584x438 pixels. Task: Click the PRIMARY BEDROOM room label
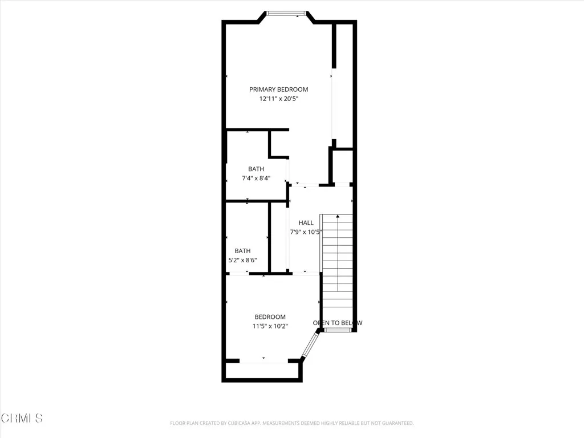[279, 90]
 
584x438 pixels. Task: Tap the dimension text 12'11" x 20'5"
[279, 99]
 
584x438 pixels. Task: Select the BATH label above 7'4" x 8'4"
[256, 169]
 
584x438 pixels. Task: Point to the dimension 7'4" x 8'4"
[256, 178]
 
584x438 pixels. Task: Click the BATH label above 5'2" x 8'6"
[242, 251]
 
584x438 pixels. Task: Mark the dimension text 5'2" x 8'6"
[242, 260]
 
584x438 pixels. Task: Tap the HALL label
[306, 223]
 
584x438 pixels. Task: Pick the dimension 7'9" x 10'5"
[306, 232]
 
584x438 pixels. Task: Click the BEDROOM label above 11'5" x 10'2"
[270, 317]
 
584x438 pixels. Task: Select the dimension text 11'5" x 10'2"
[270, 326]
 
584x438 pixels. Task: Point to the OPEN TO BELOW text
[338, 323]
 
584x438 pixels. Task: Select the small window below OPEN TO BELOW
[338, 330]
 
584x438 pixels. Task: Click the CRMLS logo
[22, 418]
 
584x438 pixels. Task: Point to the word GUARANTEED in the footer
[394, 423]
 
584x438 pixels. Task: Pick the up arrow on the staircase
[338, 217]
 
